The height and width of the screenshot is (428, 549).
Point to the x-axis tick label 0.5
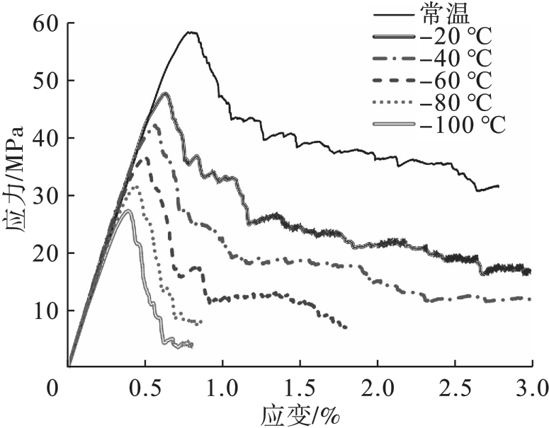pyautogui.click(x=145, y=388)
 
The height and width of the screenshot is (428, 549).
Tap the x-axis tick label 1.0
pyautogui.click(x=222, y=388)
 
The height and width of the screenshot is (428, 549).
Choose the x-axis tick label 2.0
pyautogui.click(x=377, y=388)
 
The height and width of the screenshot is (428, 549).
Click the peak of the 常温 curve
pyautogui.click(x=191, y=32)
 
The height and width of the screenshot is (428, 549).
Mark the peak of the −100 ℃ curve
pyautogui.click(x=128, y=210)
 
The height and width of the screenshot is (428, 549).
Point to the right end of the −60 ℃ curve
pyautogui.click(x=346, y=328)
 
